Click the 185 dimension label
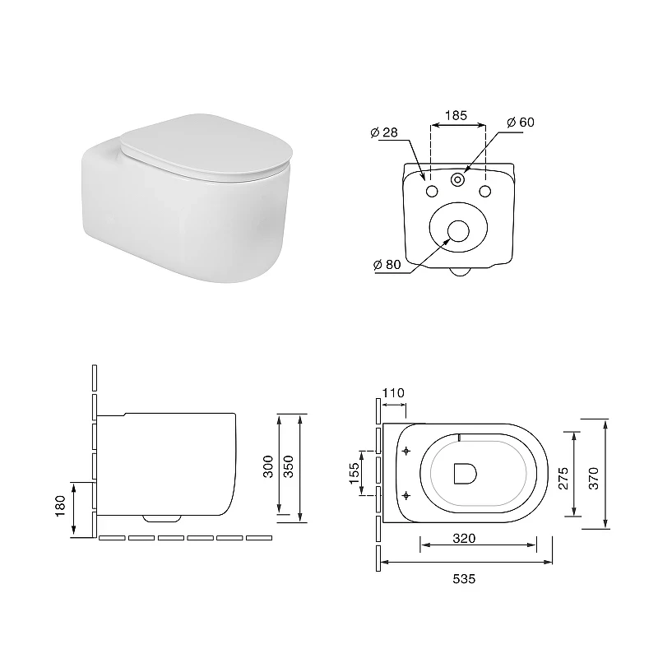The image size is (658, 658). (456, 115)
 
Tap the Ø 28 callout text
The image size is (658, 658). (384, 132)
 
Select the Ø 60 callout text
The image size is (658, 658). (521, 122)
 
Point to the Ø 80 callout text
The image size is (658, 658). (387, 264)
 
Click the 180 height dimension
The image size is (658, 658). (60, 506)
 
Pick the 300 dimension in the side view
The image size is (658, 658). (268, 466)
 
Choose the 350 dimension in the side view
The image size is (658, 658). (289, 466)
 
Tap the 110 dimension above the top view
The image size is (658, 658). (393, 393)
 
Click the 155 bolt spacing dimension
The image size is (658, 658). (354, 473)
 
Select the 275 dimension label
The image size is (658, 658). (563, 478)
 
